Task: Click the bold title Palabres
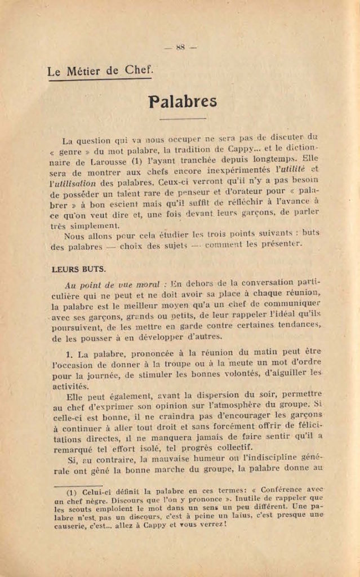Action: click(x=183, y=101)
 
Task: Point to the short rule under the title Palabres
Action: click(x=183, y=119)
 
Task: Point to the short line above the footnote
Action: click(x=78, y=483)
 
